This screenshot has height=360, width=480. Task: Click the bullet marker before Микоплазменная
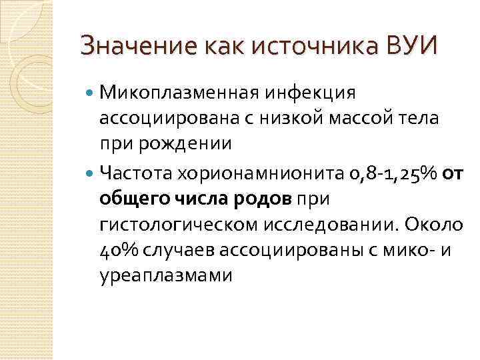91,91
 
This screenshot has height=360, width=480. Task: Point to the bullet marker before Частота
91,174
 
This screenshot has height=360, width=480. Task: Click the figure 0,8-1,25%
391,173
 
